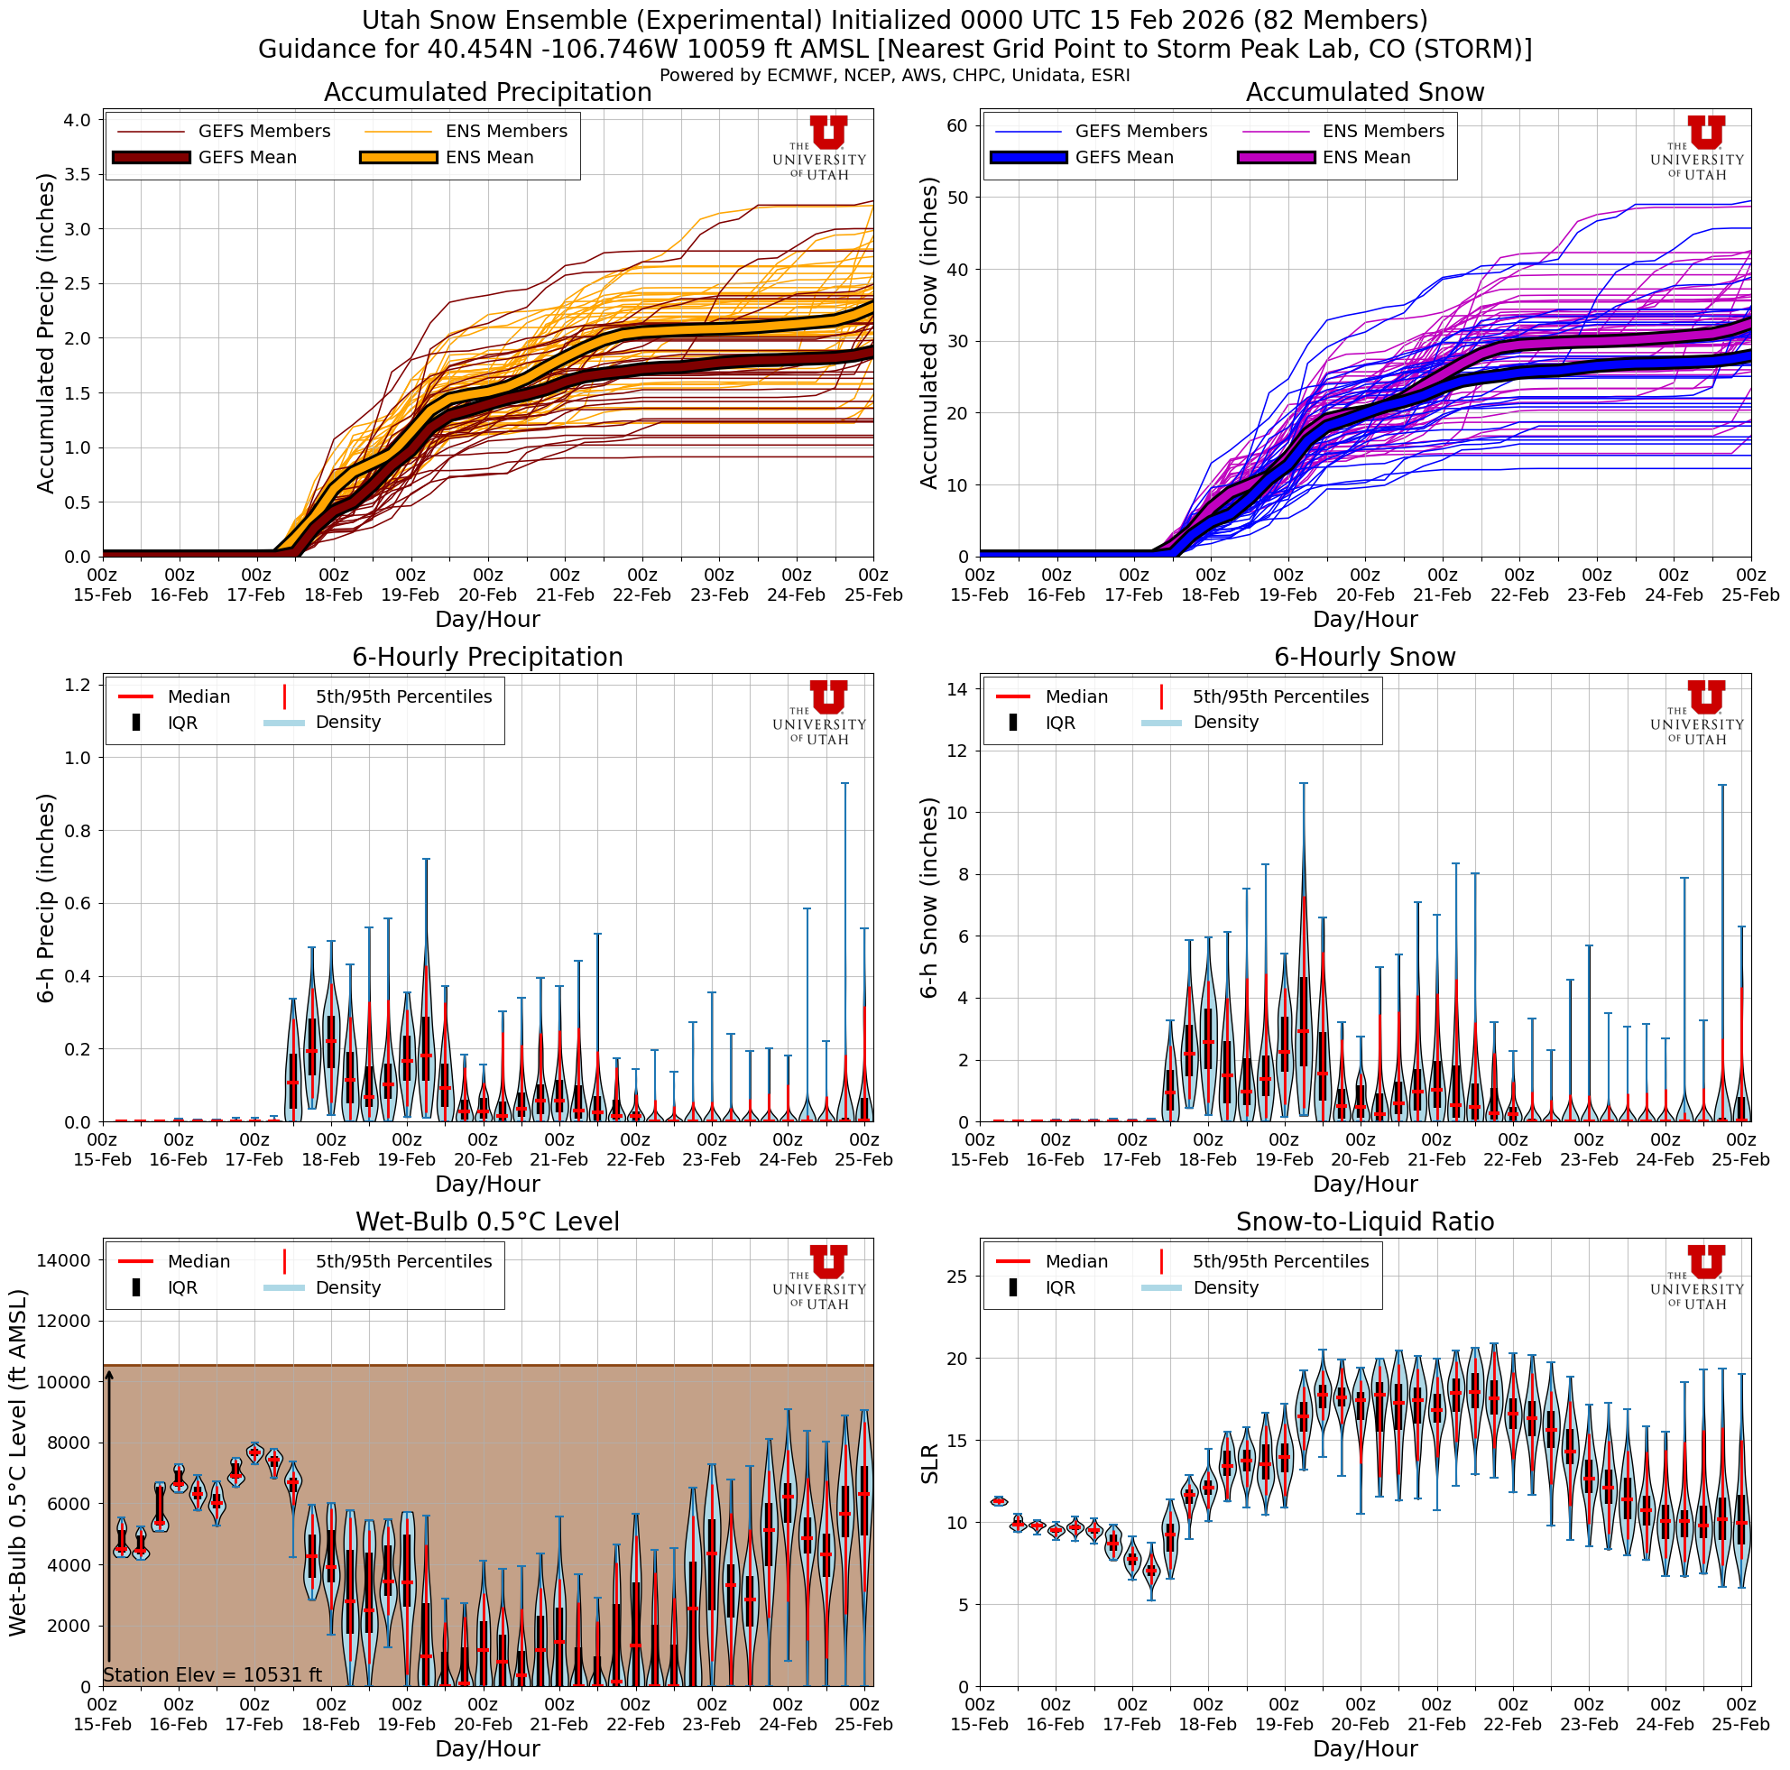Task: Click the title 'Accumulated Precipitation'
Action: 487,93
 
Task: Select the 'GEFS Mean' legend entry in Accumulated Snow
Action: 1123,158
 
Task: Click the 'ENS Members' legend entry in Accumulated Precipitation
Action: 506,132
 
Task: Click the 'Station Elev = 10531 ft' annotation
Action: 212,1674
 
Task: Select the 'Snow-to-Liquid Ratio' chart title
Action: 1364,1221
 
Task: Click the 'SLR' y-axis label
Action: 929,1463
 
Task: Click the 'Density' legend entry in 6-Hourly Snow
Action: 1225,723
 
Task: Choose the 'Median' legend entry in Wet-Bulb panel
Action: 198,1261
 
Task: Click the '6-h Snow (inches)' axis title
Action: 929,898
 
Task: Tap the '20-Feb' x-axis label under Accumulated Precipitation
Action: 487,595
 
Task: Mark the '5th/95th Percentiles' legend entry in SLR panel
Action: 1279,1261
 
